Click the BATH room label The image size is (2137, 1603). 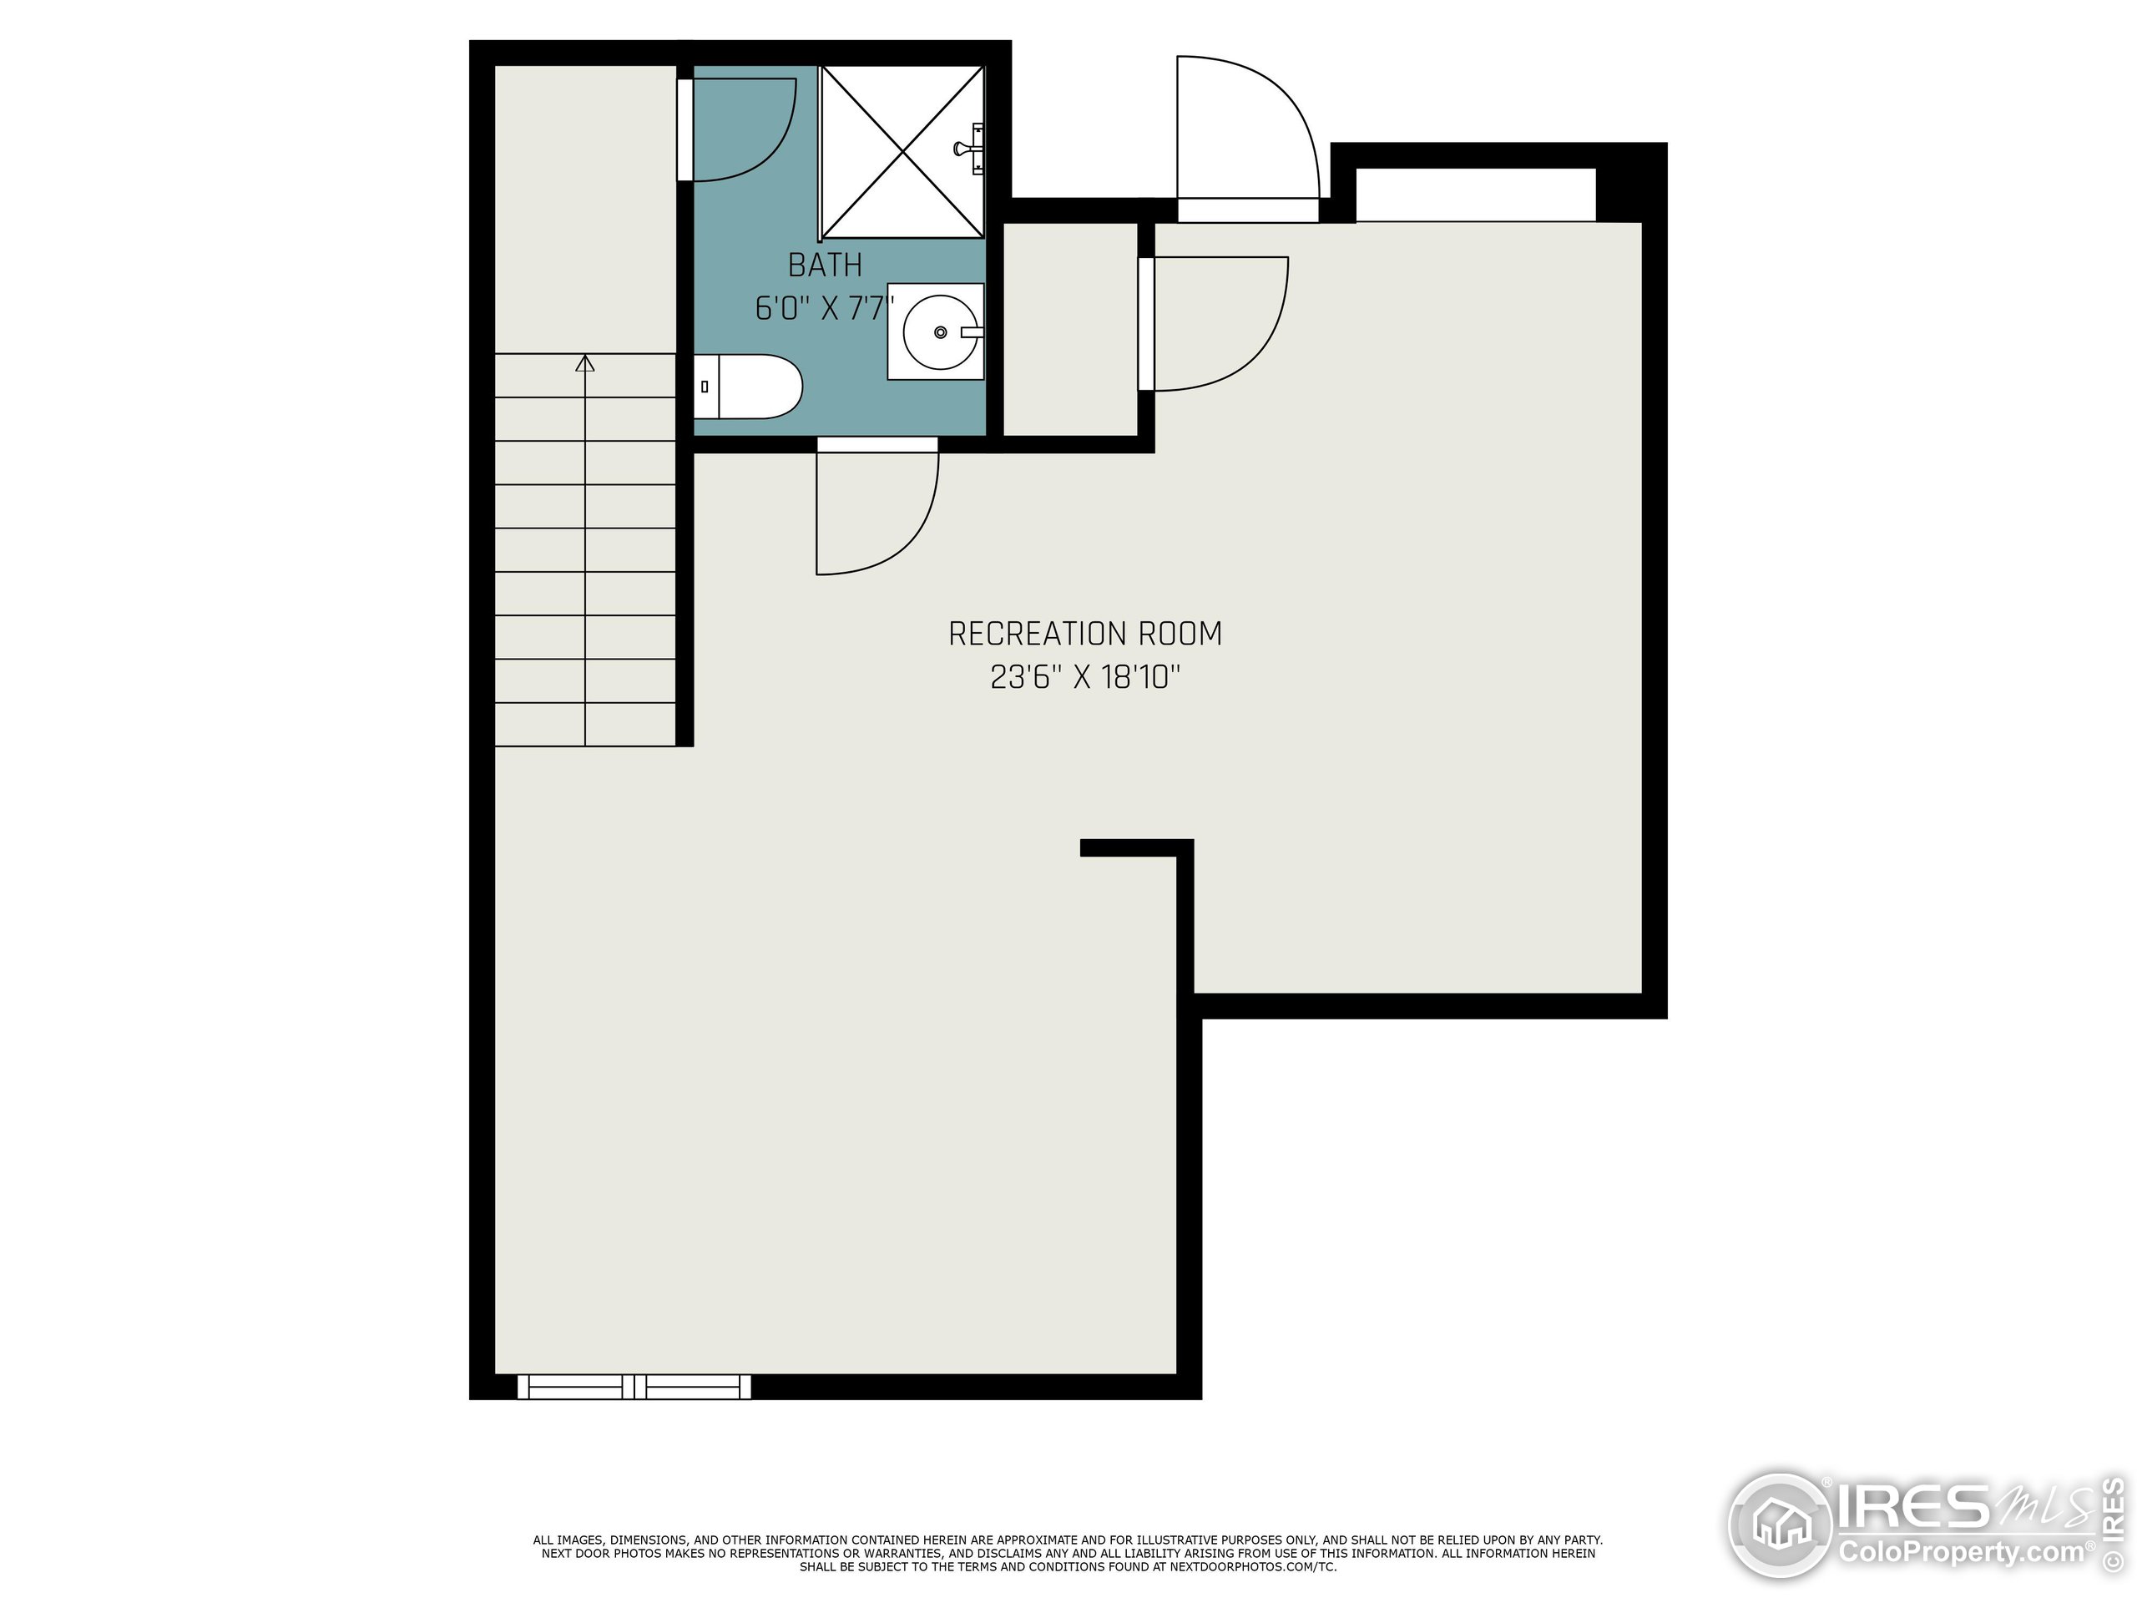(x=824, y=265)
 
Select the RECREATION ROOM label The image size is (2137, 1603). (x=1085, y=634)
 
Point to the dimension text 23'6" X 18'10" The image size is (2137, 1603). (x=1085, y=677)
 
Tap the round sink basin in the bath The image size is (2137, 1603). (x=940, y=332)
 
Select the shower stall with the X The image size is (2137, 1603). (x=901, y=152)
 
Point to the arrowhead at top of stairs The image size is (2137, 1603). (x=584, y=363)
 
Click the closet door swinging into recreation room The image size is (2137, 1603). (x=1217, y=324)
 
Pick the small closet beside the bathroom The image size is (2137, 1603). (x=1069, y=328)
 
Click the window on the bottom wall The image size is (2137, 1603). (x=634, y=1388)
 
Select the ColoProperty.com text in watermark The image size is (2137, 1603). (x=1961, y=1553)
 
